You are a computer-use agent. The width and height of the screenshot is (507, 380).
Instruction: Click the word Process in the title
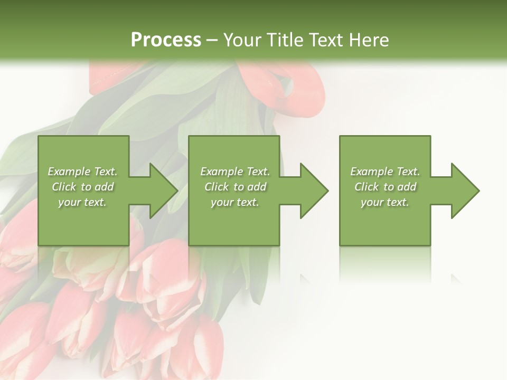coord(166,40)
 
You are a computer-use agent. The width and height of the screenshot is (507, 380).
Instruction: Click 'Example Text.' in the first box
coord(83,172)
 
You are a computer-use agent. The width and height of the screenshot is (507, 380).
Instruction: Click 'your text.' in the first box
coord(82,202)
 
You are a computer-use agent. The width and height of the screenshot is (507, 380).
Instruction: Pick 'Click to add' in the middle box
coord(235,187)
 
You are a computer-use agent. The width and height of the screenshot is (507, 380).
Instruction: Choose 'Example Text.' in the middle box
coord(235,172)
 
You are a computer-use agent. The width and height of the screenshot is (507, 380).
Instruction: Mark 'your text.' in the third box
coord(385,202)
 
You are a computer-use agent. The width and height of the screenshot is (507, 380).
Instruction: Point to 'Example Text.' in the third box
coord(385,172)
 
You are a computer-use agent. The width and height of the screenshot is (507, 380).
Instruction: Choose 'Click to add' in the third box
coord(385,187)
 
